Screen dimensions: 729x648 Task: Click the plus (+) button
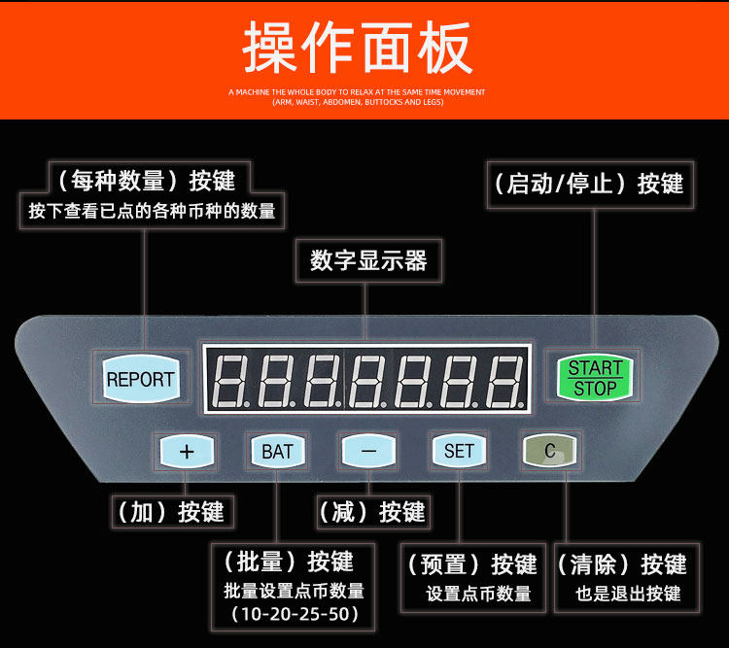pos(188,451)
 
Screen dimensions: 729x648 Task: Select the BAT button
pos(277,451)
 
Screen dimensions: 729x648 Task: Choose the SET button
pos(459,451)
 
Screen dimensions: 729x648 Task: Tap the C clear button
pos(549,451)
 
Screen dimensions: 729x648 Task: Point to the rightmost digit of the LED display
pos(505,380)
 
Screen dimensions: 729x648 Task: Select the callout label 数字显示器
pos(368,260)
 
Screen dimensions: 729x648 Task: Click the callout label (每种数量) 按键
pos(146,180)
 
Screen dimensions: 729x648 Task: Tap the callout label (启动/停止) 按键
pos(589,184)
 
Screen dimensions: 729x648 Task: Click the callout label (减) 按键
pos(372,512)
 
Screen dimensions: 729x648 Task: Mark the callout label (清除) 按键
pos(623,564)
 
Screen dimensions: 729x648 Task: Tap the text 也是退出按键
pos(628,594)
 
